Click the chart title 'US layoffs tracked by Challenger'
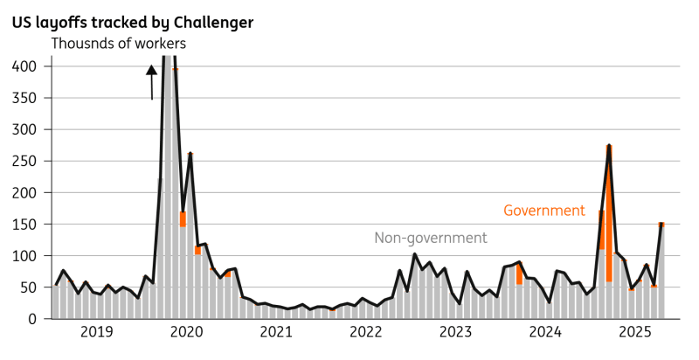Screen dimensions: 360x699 point(132,22)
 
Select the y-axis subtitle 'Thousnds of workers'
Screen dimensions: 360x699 point(119,43)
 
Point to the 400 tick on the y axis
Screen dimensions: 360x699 point(24,66)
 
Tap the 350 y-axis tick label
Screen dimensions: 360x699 point(24,98)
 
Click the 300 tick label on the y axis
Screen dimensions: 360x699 point(24,129)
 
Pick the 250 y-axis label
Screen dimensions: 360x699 point(24,161)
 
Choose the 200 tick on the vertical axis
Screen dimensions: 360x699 point(24,193)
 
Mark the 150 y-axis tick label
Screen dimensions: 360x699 point(24,225)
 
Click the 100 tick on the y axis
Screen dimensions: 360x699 point(24,256)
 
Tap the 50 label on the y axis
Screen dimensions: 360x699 point(29,287)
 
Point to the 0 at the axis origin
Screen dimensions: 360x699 point(32,319)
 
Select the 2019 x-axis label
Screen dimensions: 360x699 point(97,333)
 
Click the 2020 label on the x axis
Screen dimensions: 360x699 point(187,333)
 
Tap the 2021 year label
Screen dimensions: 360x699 point(276,333)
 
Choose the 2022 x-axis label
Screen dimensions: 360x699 point(366,333)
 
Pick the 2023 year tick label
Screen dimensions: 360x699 point(456,333)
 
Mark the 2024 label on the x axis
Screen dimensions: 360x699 point(545,333)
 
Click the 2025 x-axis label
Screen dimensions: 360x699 point(635,333)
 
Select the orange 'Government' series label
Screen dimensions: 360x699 point(543,211)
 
